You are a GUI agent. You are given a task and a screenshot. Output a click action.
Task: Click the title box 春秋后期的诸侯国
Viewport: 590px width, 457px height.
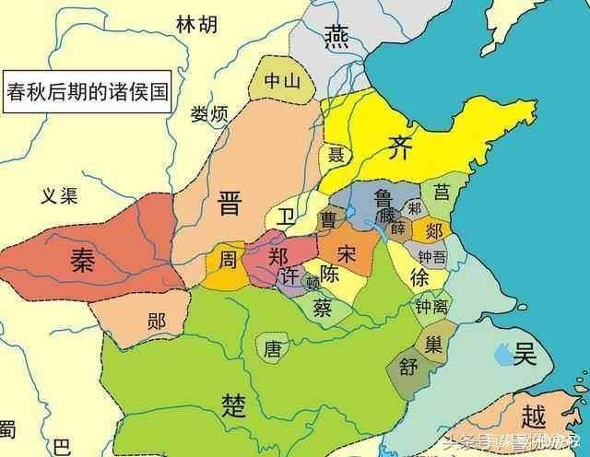point(87,92)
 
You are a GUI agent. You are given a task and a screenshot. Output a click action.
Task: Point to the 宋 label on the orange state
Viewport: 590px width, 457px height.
point(347,252)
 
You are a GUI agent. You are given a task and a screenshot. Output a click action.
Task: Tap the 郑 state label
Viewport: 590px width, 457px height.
point(279,257)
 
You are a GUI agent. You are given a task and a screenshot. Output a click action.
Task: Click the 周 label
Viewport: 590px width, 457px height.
point(227,260)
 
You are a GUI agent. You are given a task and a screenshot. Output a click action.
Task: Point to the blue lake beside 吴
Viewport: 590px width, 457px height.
point(503,350)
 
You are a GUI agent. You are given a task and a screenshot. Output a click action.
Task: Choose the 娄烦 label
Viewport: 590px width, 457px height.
point(209,116)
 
